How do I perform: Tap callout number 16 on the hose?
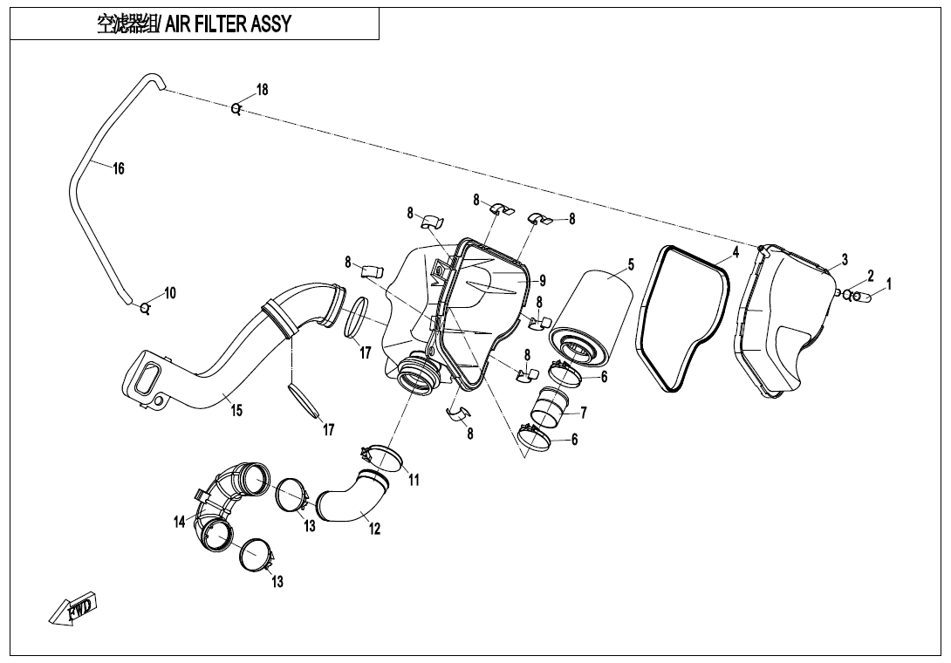(x=119, y=168)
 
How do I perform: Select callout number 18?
(x=262, y=90)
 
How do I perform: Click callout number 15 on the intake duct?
(x=236, y=411)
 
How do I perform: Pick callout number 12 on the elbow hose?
(x=374, y=528)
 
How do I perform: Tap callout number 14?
(x=180, y=522)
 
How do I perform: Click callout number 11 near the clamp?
(x=414, y=480)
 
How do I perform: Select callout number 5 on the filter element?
(x=631, y=264)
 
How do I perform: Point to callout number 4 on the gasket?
(x=735, y=252)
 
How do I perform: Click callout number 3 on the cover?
(x=845, y=260)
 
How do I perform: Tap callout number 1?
(x=888, y=284)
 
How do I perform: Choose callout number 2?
(x=870, y=276)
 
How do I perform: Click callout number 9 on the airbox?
(x=542, y=281)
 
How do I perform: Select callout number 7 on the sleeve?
(x=583, y=412)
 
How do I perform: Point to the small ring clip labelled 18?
(x=236, y=108)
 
